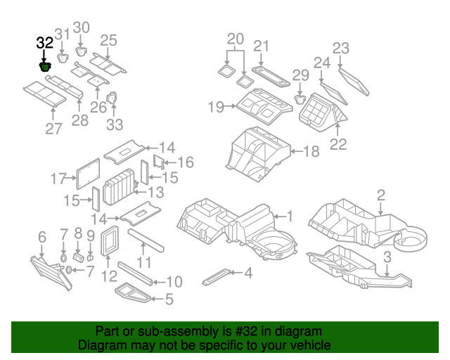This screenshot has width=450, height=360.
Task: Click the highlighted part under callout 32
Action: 45,67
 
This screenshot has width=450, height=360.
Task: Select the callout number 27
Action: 53,128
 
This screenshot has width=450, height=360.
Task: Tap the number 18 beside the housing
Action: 311,150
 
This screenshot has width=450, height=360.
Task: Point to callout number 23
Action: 340,48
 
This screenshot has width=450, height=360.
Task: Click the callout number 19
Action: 215,107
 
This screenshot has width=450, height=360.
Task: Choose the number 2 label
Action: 380,195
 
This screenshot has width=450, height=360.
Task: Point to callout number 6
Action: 41,236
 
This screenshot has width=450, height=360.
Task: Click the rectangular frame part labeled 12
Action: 110,241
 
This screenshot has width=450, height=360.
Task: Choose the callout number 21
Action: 262,46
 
